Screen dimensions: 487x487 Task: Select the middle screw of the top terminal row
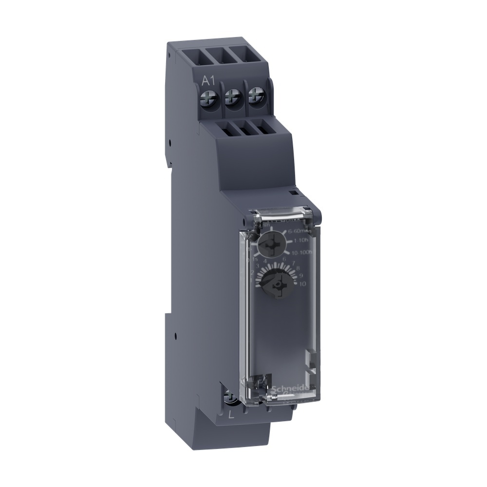pyautogui.click(x=234, y=98)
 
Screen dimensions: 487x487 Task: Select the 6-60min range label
pyautogui.click(x=301, y=232)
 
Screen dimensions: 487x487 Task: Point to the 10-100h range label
pyautogui.click(x=304, y=252)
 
